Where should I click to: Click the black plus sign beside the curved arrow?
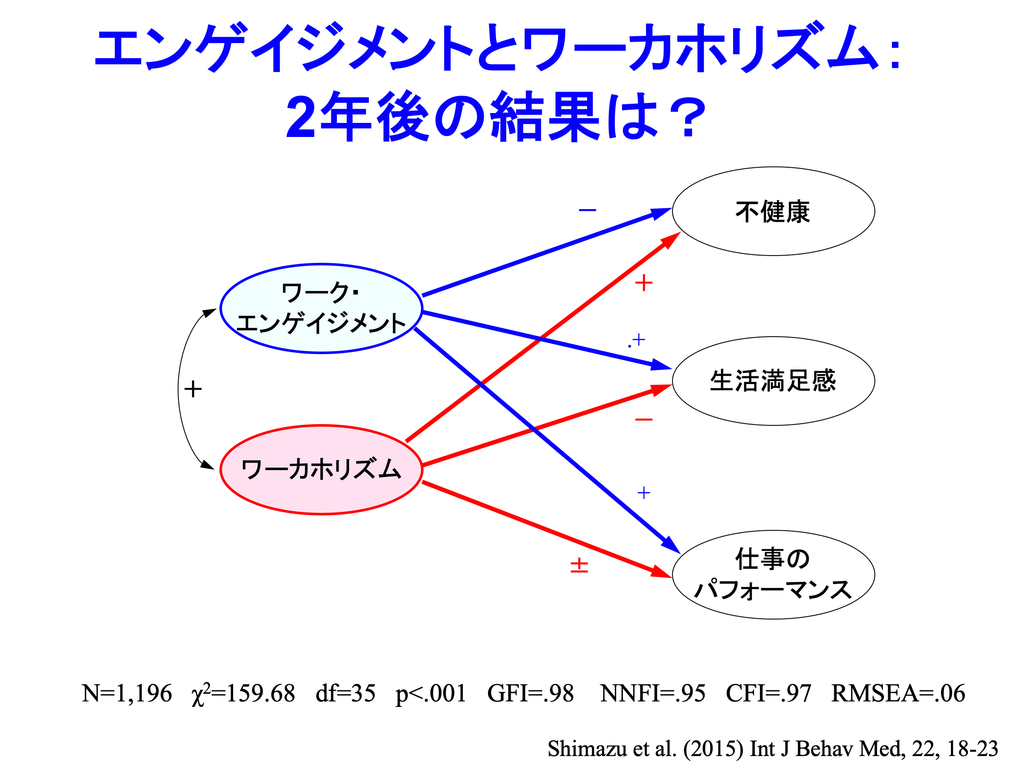(193, 389)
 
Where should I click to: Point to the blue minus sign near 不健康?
(587, 210)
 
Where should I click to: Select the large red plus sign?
(644, 283)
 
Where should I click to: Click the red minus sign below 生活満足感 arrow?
(644, 419)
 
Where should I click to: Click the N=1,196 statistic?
(127, 694)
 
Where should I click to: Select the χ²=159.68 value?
(243, 694)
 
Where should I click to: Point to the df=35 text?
(345, 694)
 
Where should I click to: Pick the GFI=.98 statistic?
(530, 694)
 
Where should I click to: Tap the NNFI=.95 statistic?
(652, 694)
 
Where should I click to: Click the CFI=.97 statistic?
(769, 694)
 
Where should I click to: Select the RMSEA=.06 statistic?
(898, 694)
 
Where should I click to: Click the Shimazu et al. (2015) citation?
(773, 749)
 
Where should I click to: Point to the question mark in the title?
(689, 116)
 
